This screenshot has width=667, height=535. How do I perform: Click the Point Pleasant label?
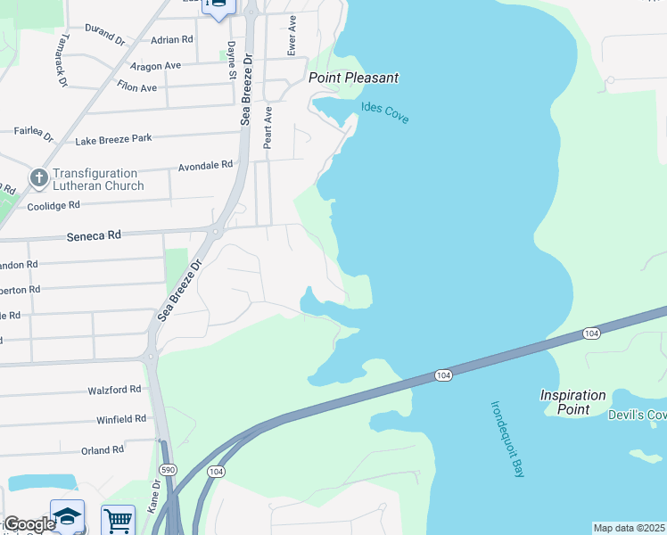pyautogui.click(x=353, y=78)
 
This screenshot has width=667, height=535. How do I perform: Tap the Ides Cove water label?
pyautogui.click(x=384, y=113)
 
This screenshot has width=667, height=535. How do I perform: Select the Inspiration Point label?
pyautogui.click(x=572, y=402)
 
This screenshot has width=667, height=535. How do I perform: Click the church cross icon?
pyautogui.click(x=38, y=178)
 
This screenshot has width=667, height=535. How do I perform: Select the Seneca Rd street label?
pyautogui.click(x=93, y=236)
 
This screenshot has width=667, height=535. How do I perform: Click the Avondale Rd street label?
pyautogui.click(x=205, y=165)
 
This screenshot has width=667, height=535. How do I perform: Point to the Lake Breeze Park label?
pyautogui.click(x=113, y=139)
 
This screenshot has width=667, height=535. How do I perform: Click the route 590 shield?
pyautogui.click(x=167, y=468)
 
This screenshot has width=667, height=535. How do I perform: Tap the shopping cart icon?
pyautogui.click(x=118, y=519)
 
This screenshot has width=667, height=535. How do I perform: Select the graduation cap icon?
pyautogui.click(x=67, y=517)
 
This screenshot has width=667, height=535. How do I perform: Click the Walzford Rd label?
pyautogui.click(x=114, y=390)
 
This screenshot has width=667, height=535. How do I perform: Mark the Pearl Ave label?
pyautogui.click(x=267, y=128)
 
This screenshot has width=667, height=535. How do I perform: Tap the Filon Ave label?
pyautogui.click(x=136, y=87)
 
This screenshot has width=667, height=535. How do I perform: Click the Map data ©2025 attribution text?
pyautogui.click(x=629, y=528)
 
